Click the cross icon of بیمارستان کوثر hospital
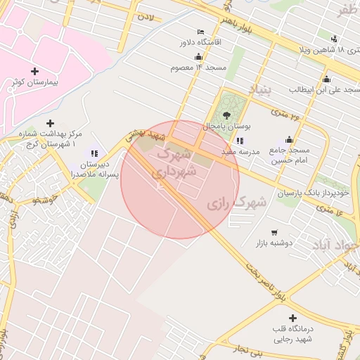(35, 71)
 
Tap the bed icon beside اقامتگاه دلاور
(201, 32)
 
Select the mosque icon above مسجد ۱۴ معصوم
(198, 57)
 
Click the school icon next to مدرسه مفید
(241, 141)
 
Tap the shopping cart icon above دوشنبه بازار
(274, 232)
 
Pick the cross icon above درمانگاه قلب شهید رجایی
(293, 318)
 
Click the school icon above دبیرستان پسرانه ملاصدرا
(94, 153)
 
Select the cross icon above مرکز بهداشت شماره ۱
(50, 123)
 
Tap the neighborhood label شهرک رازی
(237, 202)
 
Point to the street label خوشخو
(46, 201)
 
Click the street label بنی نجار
(250, 348)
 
